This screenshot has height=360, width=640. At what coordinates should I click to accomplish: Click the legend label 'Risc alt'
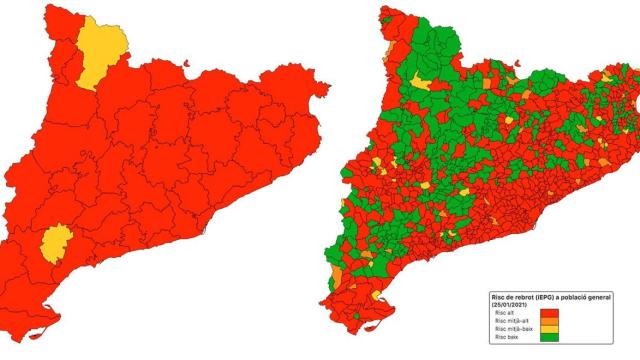tap(507, 314)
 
